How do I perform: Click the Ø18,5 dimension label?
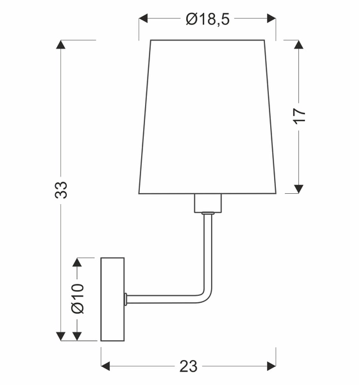pos(207,19)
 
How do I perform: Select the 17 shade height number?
pos(299,116)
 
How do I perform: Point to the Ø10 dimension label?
pos(78,299)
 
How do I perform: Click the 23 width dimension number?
pos(188,366)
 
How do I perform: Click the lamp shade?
pos(207,116)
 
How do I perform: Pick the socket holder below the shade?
pos(207,203)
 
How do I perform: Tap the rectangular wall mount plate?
pos(112,299)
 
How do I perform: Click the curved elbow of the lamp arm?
pos(203,294)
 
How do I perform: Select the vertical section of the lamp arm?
pos(207,250)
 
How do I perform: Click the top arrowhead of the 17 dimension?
pos(299,45)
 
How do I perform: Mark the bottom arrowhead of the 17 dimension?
pos(299,188)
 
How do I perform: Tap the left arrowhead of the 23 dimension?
pos(106,366)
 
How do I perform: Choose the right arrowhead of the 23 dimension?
pos(271,366)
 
